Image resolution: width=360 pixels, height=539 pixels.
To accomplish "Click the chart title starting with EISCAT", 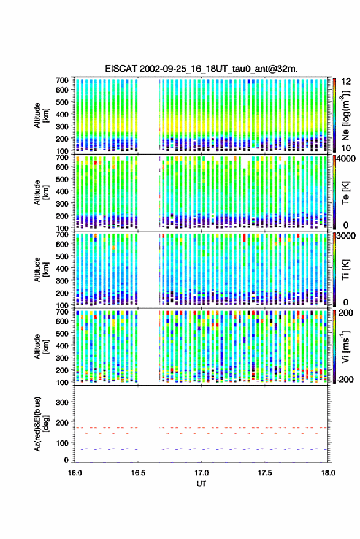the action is point(201,69).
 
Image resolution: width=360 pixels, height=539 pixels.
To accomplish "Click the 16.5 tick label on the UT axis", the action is point(138,473).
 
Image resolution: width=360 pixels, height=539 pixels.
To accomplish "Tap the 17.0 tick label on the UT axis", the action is point(201,473).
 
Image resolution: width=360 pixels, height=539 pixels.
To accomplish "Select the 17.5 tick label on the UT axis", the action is point(264,473).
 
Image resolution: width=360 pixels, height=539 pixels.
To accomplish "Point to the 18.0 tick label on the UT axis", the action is point(327,473).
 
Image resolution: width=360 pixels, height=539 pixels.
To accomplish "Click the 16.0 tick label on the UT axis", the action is point(75,473).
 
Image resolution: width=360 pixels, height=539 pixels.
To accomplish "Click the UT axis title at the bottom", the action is point(201,484).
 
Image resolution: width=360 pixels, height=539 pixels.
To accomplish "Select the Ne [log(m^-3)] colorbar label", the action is point(345,115).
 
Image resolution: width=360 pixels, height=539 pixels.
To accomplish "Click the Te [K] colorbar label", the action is point(345,193).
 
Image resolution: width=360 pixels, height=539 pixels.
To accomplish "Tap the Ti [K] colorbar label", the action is point(345,270).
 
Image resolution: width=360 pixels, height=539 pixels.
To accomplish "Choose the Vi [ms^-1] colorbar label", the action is point(345,347).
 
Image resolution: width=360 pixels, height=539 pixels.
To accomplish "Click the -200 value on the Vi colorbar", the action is point(345,380).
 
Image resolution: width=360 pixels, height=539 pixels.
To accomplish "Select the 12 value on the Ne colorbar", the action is point(346,82).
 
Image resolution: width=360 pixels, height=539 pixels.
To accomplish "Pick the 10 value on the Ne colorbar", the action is point(346,148).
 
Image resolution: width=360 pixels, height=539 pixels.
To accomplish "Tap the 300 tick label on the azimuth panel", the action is point(62,402).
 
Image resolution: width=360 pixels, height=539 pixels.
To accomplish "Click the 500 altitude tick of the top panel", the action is point(62,102).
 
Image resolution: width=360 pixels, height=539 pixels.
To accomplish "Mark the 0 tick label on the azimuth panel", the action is point(66,460).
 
